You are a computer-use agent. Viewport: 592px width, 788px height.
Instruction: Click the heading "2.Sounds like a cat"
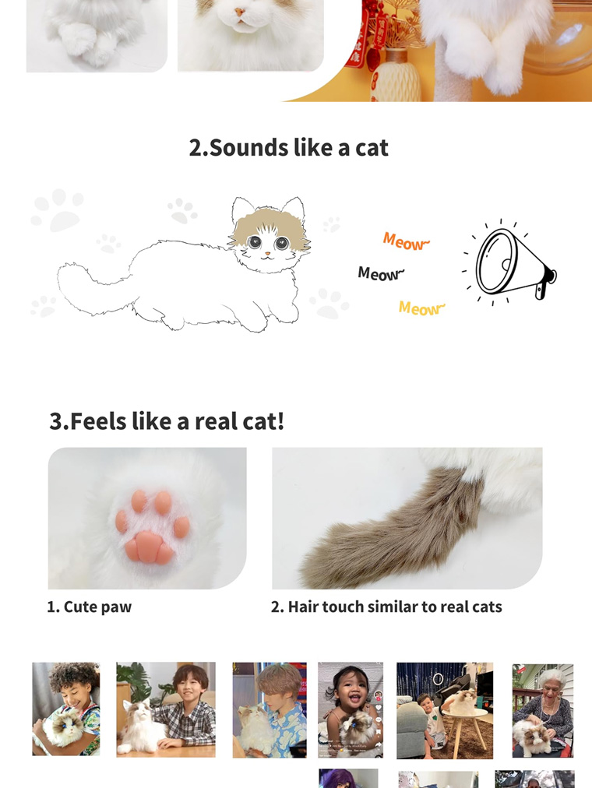click(x=288, y=147)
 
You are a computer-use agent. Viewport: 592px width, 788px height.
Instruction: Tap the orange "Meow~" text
click(x=405, y=242)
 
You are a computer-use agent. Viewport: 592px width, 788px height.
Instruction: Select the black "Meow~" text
click(x=381, y=273)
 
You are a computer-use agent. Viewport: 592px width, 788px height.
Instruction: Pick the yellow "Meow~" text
click(x=421, y=308)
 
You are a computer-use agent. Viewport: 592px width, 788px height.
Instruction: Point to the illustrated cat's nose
click(x=267, y=254)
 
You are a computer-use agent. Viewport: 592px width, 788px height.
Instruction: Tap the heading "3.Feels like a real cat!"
click(x=167, y=421)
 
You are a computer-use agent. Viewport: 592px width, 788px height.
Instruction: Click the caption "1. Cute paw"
click(x=89, y=607)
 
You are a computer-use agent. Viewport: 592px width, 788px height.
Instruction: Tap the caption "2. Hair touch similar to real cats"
click(x=386, y=607)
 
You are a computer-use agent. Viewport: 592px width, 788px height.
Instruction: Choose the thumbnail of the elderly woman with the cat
click(x=542, y=710)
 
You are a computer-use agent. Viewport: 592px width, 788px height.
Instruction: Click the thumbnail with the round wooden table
click(x=445, y=710)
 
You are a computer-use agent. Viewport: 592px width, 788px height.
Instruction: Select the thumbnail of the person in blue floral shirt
click(x=270, y=710)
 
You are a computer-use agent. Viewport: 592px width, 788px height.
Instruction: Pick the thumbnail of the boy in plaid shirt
click(x=166, y=709)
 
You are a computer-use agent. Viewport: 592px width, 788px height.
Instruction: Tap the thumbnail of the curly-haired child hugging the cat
click(x=66, y=709)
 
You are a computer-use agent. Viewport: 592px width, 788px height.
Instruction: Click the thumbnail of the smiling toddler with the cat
click(x=351, y=710)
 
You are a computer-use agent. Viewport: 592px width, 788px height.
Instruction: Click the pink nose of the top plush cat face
click(x=240, y=13)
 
